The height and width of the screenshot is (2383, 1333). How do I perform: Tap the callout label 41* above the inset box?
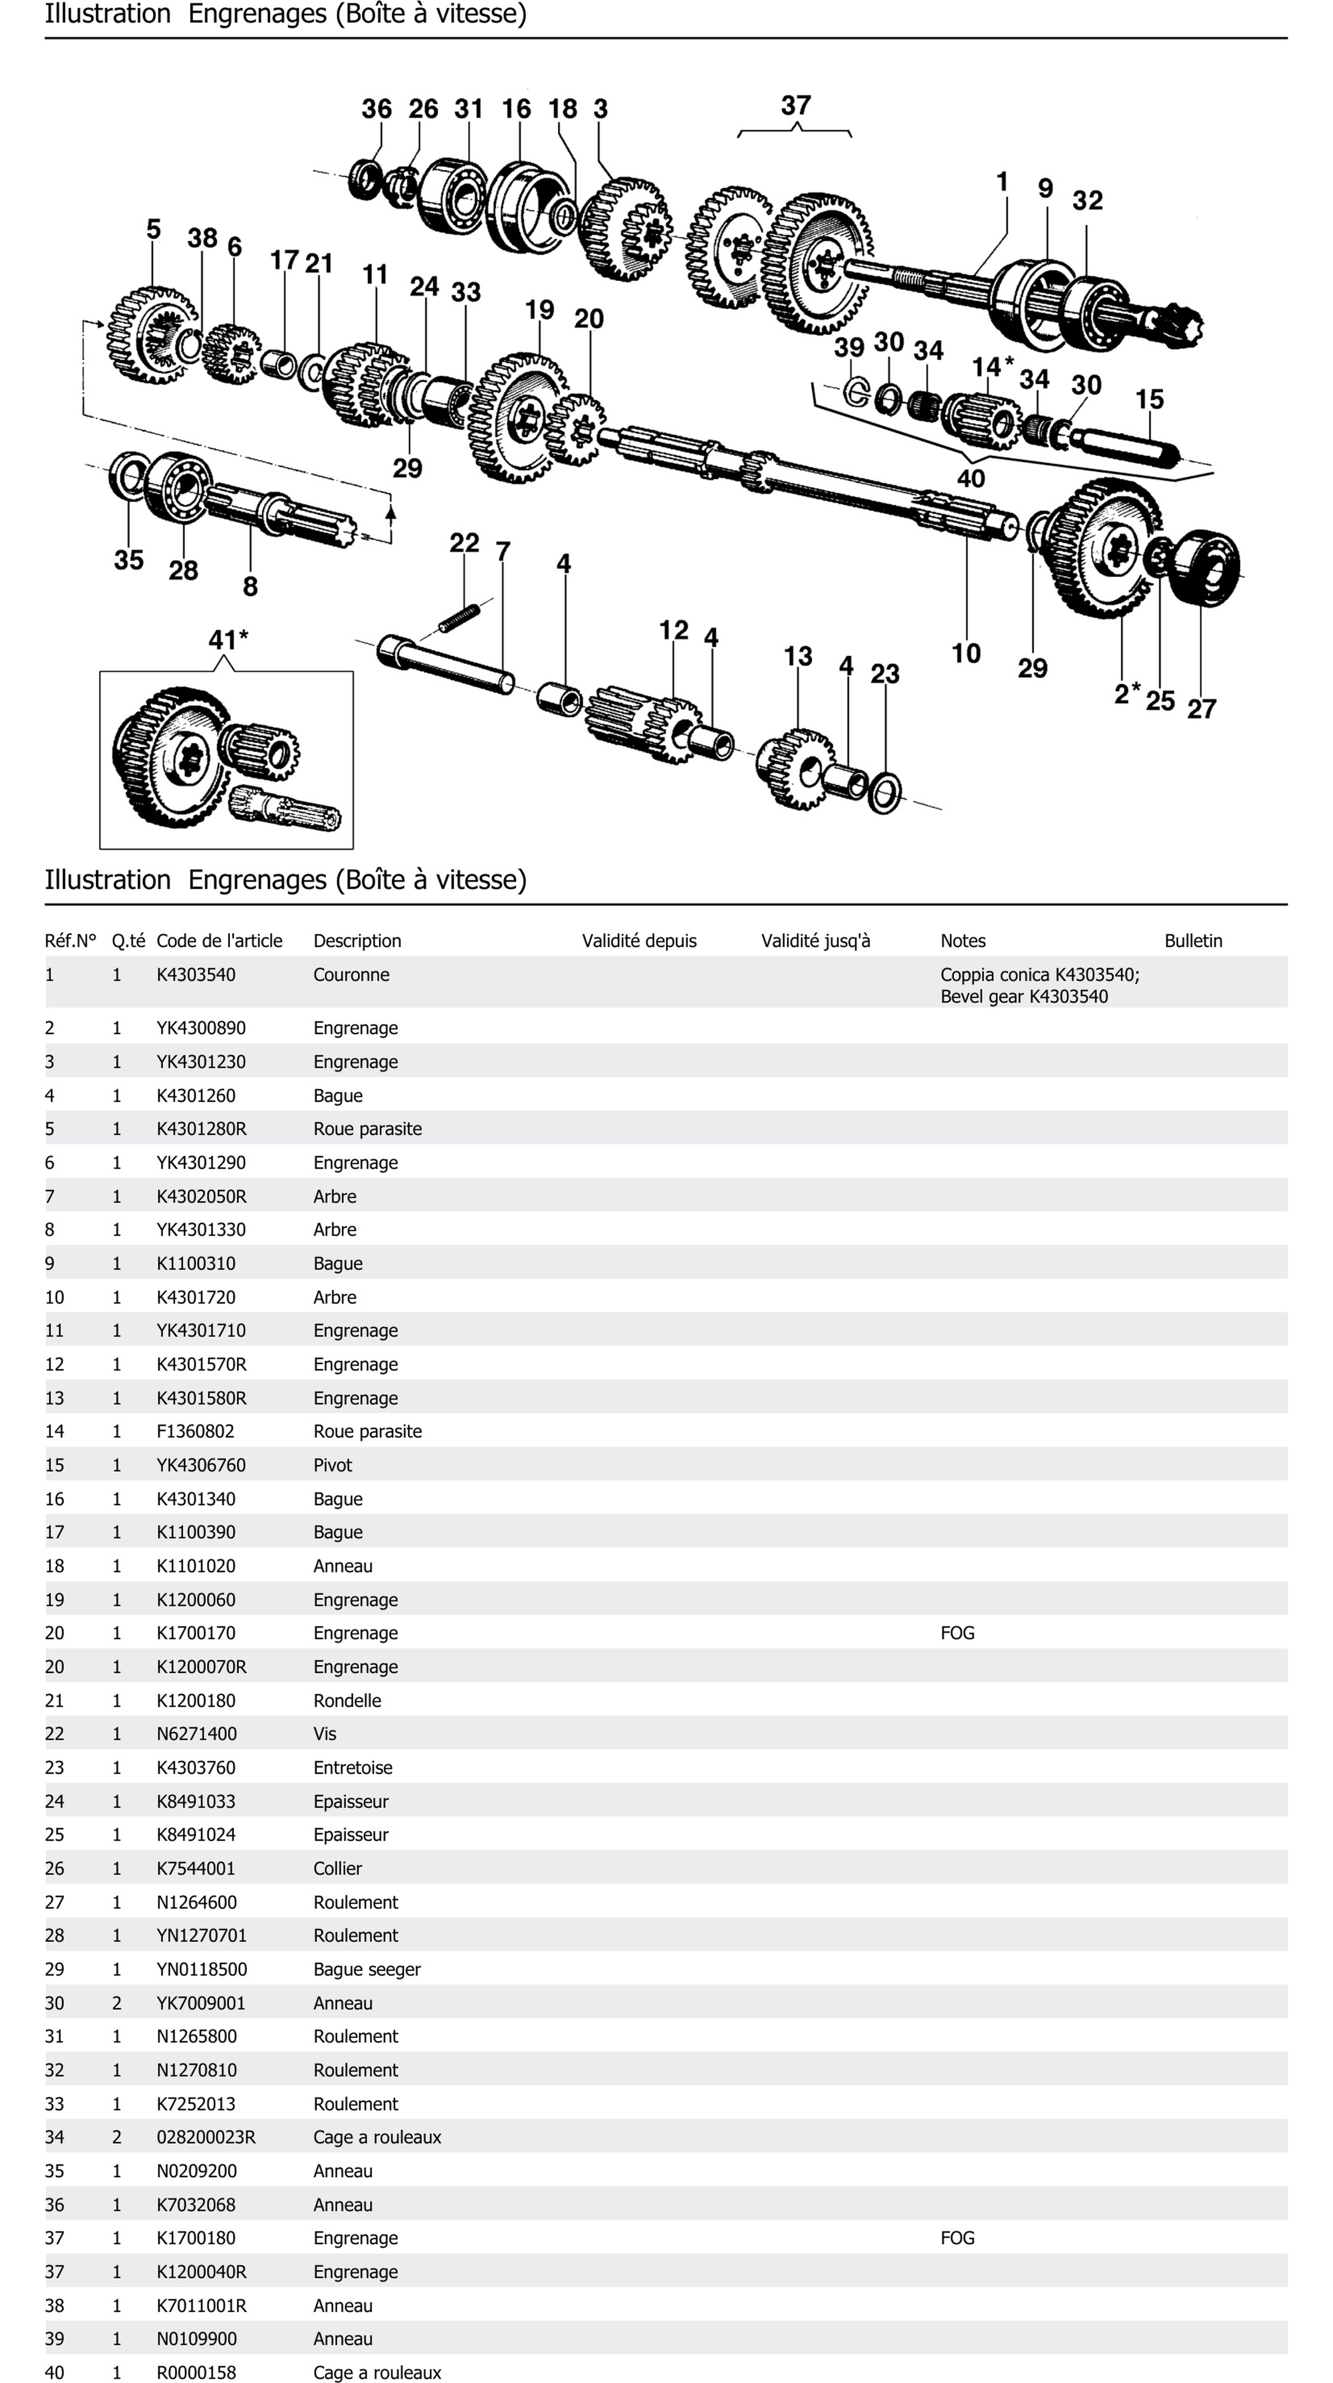[227, 639]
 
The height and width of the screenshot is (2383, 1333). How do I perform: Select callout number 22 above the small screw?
[464, 543]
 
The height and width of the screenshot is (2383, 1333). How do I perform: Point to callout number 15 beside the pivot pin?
[1149, 400]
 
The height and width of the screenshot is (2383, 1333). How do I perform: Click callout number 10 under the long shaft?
[966, 653]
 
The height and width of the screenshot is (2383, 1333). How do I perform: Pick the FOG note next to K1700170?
[958, 1633]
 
